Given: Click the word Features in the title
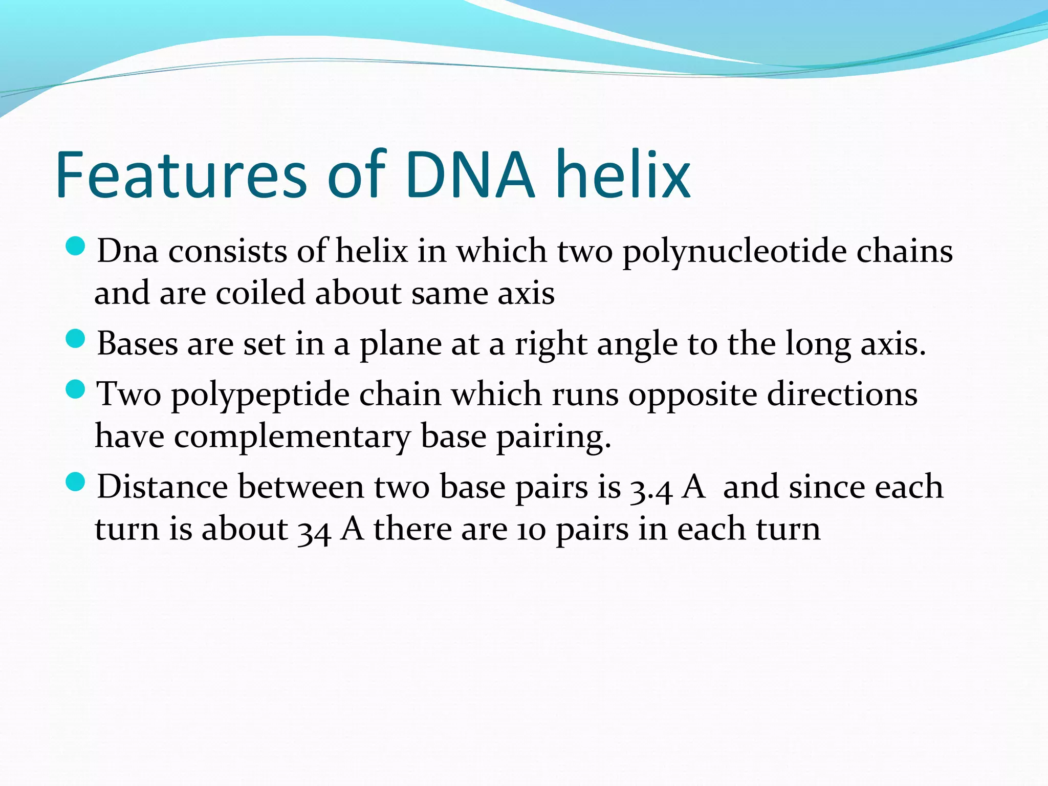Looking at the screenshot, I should coord(181,176).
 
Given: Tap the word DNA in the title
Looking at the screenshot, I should coord(470,176).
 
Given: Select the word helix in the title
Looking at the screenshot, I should coord(623,176).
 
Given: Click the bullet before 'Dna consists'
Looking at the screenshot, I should coord(76,247).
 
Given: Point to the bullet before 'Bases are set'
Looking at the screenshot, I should coord(76,339).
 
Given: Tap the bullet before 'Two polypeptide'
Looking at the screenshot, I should coord(76,389).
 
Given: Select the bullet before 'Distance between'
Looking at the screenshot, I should coord(76,482).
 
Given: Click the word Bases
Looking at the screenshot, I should coord(137,344).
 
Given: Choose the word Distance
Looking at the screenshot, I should coord(162,487).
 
